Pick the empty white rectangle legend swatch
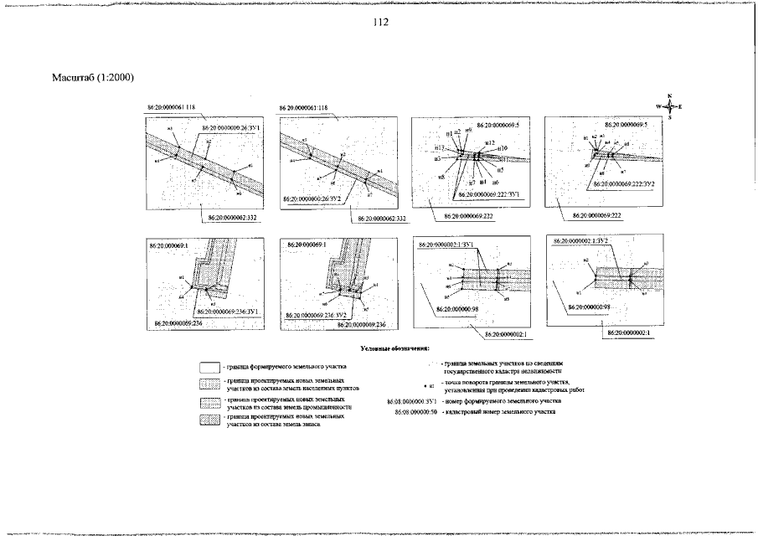tap(209, 367)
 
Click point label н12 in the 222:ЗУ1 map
tap(491, 143)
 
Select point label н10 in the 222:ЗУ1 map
tap(502, 149)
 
